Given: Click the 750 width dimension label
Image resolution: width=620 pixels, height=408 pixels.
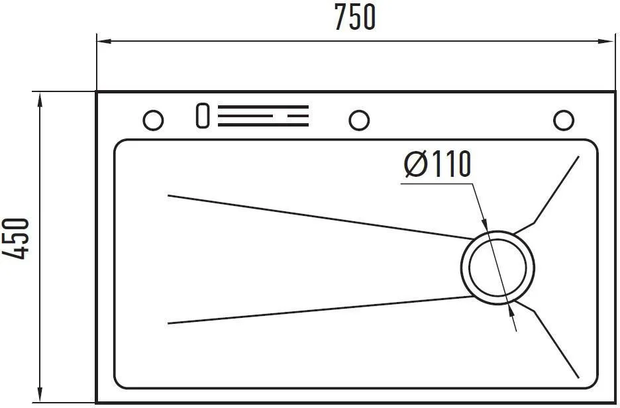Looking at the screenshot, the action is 354,17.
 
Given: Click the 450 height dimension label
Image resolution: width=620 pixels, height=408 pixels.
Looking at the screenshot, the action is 16,238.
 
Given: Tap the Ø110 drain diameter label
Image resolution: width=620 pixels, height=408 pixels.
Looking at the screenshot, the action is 438,164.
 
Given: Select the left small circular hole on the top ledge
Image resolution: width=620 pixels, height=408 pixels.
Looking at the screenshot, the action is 152,120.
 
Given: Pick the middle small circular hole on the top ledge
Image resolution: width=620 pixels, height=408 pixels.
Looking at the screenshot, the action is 359,120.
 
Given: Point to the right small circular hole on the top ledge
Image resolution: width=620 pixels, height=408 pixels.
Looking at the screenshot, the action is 564,120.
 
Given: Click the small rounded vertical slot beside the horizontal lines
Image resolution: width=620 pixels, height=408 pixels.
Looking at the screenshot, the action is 203,115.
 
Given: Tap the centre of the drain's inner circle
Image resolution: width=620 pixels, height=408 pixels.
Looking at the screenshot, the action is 497,268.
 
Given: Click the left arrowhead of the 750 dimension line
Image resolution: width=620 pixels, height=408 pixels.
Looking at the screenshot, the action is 103,40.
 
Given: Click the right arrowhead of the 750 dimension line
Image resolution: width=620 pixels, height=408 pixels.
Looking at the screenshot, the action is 608,40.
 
